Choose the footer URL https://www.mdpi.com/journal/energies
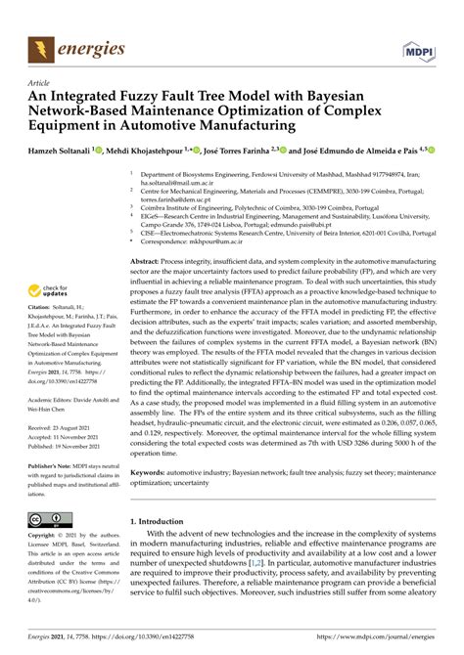(x=378, y=638)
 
